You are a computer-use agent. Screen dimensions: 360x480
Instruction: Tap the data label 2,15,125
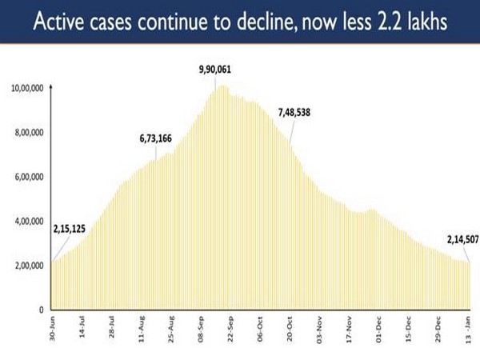68,229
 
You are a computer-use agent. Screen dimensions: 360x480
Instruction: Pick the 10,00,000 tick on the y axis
28,88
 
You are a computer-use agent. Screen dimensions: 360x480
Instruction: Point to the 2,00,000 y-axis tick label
30,266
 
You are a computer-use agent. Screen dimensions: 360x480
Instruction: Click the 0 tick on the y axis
40,310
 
